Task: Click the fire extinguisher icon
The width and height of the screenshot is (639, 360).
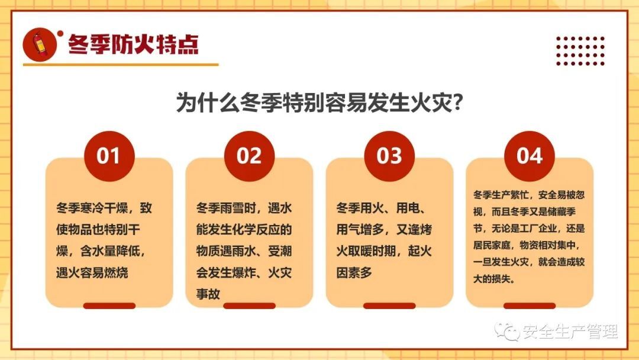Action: [x=40, y=44]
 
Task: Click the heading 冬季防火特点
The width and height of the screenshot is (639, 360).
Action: [x=133, y=44]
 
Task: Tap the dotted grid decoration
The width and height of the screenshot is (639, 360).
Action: [x=580, y=50]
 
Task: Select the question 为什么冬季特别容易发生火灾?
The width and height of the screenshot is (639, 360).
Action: [x=319, y=102]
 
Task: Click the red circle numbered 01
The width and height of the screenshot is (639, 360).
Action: [x=109, y=156]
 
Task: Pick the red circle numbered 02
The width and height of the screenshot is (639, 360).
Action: [x=250, y=156]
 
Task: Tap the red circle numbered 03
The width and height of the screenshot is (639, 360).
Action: [x=389, y=156]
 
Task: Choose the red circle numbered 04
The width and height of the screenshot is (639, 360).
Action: [x=530, y=156]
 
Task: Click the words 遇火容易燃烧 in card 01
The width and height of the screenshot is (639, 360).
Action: [x=92, y=272]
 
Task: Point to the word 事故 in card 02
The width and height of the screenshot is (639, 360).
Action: [x=208, y=294]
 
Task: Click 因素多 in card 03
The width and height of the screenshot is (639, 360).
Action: [x=354, y=272]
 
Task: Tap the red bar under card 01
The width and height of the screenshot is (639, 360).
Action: [x=109, y=306]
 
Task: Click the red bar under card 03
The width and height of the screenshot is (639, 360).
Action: [x=389, y=306]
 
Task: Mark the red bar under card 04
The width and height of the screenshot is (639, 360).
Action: [x=530, y=306]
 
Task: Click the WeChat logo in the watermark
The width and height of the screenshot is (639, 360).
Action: [x=506, y=331]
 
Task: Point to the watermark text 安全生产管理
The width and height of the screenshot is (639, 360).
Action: [x=570, y=332]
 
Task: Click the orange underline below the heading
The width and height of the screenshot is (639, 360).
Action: [x=121, y=65]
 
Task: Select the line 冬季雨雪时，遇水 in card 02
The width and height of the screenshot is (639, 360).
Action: [x=244, y=208]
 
